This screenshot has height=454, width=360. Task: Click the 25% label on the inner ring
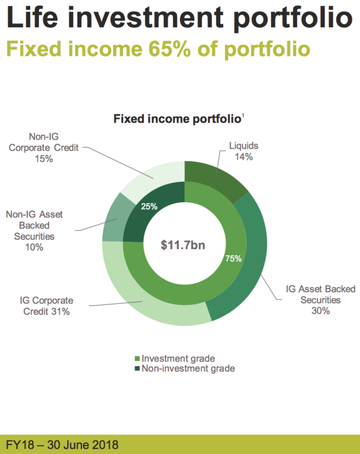coord(149,206)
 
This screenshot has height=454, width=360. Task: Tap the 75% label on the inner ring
coord(233,259)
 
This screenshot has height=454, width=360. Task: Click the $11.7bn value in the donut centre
coord(183,245)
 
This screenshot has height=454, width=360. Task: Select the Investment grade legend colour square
coord(138,359)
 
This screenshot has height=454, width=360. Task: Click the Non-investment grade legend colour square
coord(138,369)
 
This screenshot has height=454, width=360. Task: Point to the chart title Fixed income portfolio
coord(177,119)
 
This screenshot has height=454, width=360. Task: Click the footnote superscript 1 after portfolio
coord(243,116)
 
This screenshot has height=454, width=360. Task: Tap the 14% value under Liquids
coord(244,157)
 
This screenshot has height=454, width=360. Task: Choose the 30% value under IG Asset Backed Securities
coord(321,311)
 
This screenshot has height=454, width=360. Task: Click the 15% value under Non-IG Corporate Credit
coord(44,159)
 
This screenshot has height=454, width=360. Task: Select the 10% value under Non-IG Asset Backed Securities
coord(34,247)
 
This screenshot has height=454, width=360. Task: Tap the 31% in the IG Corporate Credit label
coord(60,311)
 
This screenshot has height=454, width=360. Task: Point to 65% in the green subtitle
coord(169,48)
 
